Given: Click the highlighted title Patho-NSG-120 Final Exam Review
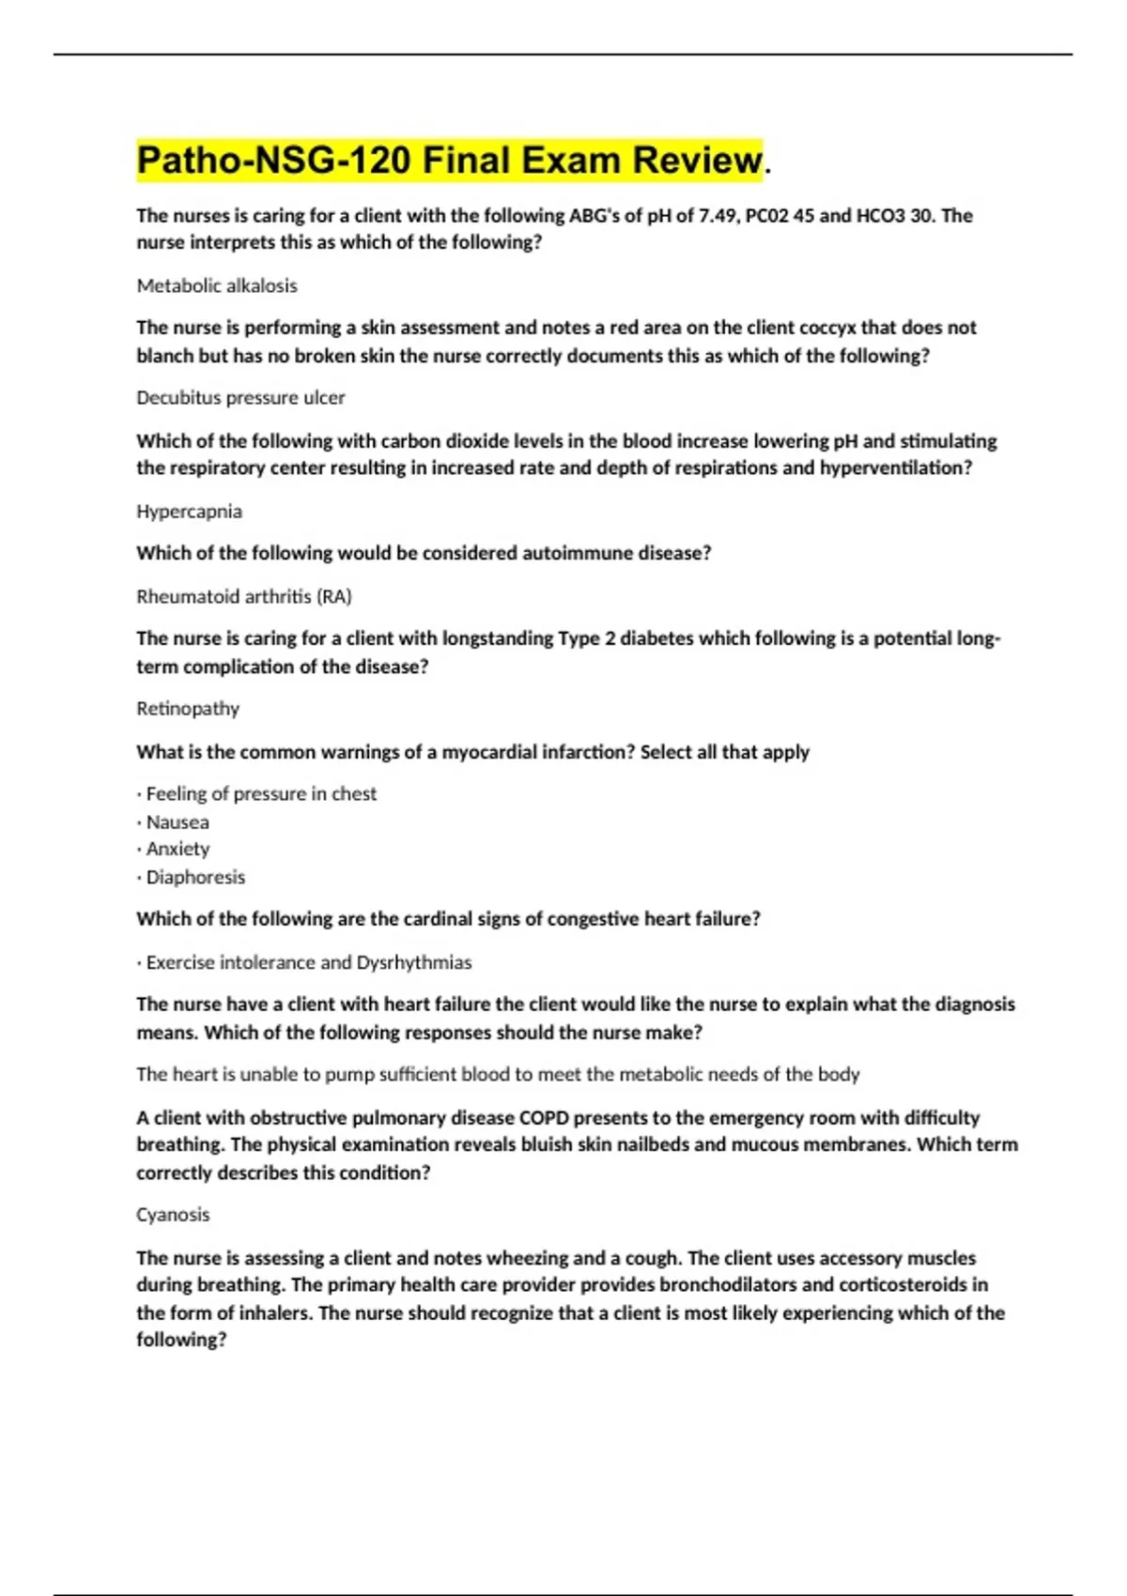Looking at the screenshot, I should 449,160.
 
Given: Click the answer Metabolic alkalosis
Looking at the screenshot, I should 217,285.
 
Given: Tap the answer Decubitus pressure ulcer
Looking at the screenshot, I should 240,398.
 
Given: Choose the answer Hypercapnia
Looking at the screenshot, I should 189,512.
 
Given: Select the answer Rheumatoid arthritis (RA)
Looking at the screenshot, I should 244,596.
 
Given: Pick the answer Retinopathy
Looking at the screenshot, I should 188,709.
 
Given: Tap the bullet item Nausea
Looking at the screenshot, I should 178,822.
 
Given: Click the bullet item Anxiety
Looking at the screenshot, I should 178,849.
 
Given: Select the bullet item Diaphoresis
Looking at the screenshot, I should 195,877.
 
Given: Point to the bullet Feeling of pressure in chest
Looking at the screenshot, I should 261,794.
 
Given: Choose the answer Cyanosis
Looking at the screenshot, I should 173,1215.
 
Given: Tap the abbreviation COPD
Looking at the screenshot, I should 544,1117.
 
